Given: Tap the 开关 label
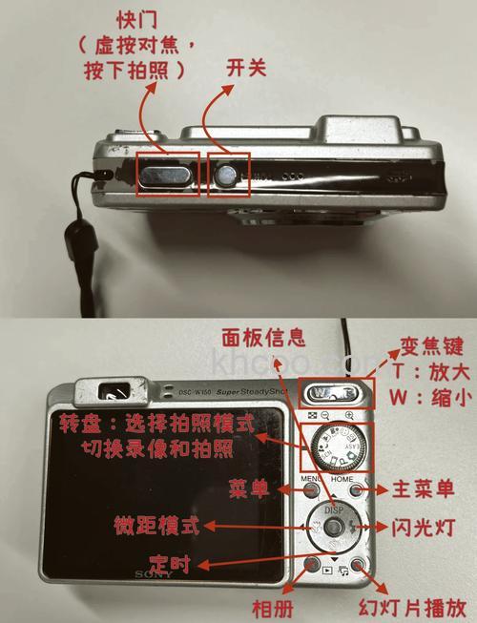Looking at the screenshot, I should (x=245, y=68).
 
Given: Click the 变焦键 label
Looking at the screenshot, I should (x=429, y=342).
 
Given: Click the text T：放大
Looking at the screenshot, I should (x=428, y=369).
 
